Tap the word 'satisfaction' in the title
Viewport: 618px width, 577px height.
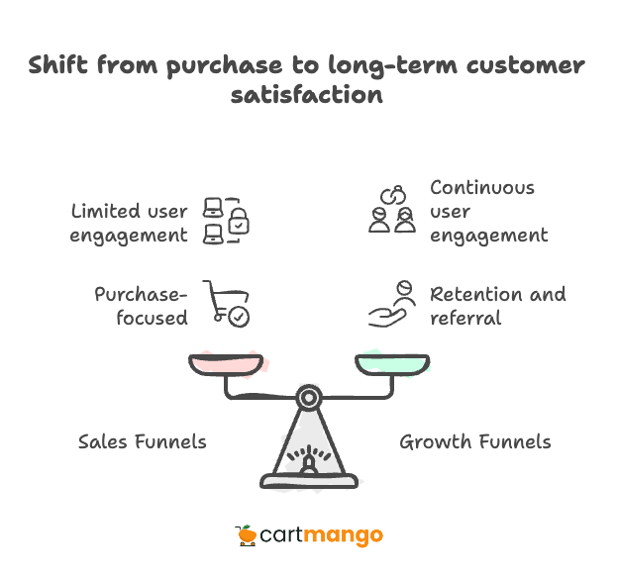pyautogui.click(x=307, y=95)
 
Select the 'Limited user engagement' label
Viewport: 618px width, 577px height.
pyautogui.click(x=129, y=223)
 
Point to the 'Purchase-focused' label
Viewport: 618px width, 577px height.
pyautogui.click(x=141, y=306)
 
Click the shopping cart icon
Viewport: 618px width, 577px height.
pyautogui.click(x=226, y=304)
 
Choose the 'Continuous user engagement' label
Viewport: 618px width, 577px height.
pyautogui.click(x=488, y=211)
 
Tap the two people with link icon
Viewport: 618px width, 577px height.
pyautogui.click(x=392, y=209)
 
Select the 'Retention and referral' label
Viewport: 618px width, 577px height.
pyautogui.click(x=497, y=306)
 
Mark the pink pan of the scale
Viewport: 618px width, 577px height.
pyautogui.click(x=228, y=363)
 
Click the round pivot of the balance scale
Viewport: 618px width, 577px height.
pyautogui.click(x=309, y=398)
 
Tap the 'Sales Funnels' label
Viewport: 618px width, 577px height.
pyautogui.click(x=143, y=441)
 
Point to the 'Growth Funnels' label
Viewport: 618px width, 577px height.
pyautogui.click(x=475, y=441)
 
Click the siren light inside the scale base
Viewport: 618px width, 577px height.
pyautogui.click(x=309, y=463)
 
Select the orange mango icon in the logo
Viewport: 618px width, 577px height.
pyautogui.click(x=247, y=535)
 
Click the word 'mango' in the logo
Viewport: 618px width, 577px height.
pyautogui.click(x=344, y=536)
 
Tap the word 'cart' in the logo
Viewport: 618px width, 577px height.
pyautogui.click(x=281, y=536)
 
